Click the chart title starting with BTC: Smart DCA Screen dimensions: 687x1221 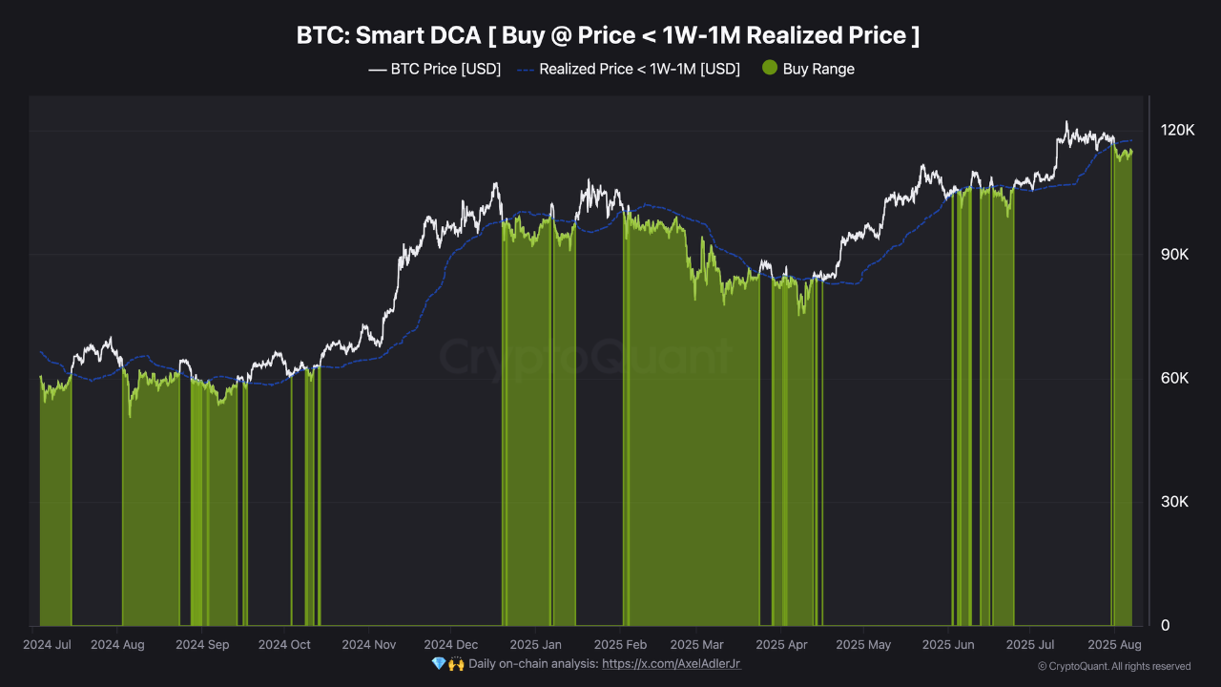coord(609,36)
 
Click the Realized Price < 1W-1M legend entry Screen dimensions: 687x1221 coord(629,69)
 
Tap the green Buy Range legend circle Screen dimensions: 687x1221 coord(771,69)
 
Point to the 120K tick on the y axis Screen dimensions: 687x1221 coord(1177,131)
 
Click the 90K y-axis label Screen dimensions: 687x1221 coord(1177,255)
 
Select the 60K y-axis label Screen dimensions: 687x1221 coord(1177,379)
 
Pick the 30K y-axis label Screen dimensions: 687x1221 coord(1177,502)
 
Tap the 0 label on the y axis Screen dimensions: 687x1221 coord(1165,626)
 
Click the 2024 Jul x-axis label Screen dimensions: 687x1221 coord(47,645)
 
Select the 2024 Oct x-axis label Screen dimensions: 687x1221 coord(285,645)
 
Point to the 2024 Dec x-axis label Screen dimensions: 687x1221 coord(451,645)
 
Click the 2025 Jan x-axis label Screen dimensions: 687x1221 coord(536,645)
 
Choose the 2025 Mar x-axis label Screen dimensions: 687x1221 coord(697,645)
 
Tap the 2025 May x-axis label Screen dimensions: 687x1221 coord(863,645)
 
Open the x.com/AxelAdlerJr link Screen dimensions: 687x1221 coord(672,663)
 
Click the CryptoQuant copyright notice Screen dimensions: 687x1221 coord(1113,666)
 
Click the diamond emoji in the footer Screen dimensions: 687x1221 coord(438,663)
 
